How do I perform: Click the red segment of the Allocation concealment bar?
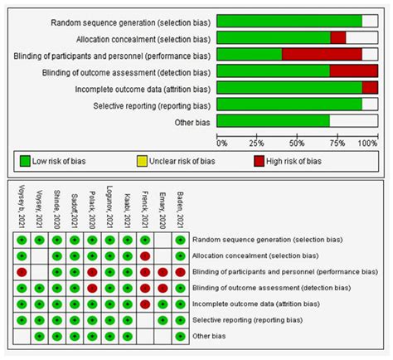(x=337, y=37)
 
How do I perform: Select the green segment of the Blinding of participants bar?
(x=249, y=55)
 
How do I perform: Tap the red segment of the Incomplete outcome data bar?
(x=370, y=87)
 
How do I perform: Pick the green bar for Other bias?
(x=273, y=120)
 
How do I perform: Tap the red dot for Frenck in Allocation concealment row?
(x=145, y=255)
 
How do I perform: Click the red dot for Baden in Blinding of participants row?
(x=180, y=271)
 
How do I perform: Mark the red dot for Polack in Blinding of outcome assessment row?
(x=92, y=288)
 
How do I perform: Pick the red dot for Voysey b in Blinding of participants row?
(x=22, y=271)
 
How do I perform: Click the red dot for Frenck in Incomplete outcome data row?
(x=145, y=304)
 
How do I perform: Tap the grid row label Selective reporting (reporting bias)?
(x=246, y=319)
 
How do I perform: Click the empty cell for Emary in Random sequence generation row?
(x=163, y=240)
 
